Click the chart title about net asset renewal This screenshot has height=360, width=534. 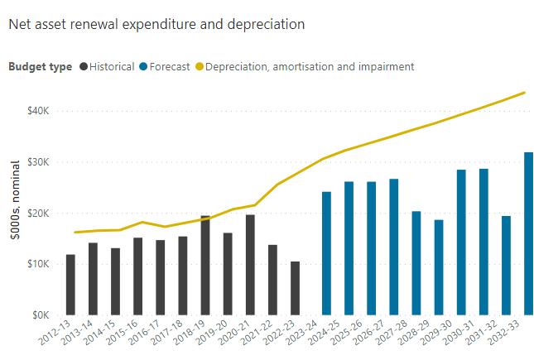pyautogui.click(x=156, y=24)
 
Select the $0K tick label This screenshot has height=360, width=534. pyautogui.click(x=41, y=315)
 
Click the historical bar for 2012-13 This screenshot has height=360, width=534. pyautogui.click(x=71, y=285)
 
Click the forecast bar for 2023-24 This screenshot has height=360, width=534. pyautogui.click(x=326, y=253)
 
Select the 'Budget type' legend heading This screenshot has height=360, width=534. pyautogui.click(x=41, y=66)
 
